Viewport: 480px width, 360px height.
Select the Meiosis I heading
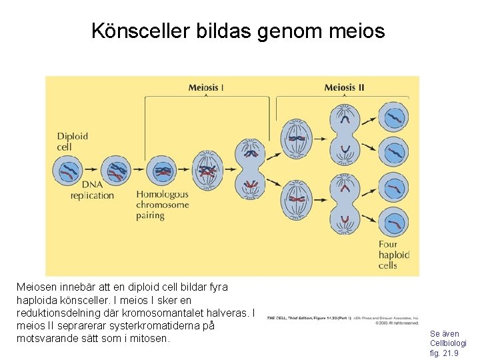pos(206,87)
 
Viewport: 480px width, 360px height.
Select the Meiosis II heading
pos(344,87)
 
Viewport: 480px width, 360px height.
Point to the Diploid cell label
pos(72,141)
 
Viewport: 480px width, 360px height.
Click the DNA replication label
pos(92,190)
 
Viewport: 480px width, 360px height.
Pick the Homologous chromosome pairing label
pos(163,205)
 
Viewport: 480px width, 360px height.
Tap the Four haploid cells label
pos(393,255)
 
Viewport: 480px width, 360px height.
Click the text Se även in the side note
pos(444,333)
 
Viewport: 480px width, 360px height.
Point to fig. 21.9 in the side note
pos(444,353)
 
